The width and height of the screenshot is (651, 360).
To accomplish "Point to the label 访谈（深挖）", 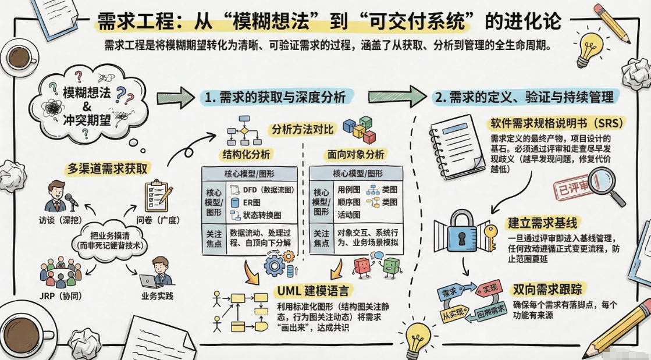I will [66, 220].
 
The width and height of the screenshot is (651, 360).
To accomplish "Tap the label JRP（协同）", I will [60, 295].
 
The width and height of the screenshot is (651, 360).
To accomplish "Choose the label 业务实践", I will [157, 295].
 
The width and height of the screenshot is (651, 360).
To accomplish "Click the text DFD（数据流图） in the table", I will [268, 190].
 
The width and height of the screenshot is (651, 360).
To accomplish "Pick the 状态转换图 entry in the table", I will [261, 215].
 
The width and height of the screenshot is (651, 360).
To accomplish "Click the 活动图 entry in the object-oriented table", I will [348, 215].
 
